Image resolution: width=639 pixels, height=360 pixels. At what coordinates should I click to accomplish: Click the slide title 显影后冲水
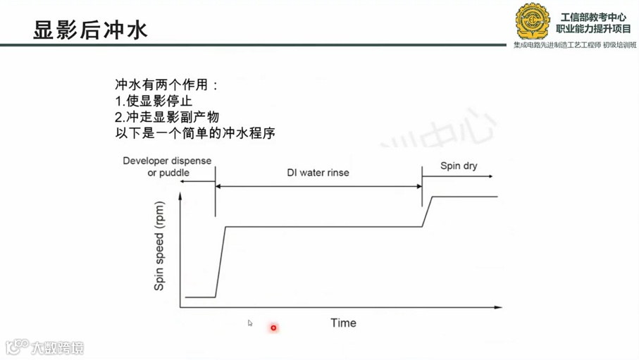tap(90, 30)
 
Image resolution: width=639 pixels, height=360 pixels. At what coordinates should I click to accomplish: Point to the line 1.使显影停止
tap(154, 101)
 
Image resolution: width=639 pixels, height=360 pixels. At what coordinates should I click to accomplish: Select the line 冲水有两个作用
tap(166, 85)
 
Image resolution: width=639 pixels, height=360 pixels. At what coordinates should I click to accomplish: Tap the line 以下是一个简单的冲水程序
tap(194, 132)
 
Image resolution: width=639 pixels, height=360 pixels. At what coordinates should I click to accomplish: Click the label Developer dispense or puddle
tap(167, 166)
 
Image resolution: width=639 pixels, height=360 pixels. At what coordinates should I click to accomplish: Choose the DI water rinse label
tap(318, 173)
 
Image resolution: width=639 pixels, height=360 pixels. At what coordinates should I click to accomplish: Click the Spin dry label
tap(459, 166)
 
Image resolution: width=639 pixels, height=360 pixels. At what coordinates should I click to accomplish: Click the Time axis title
tap(343, 323)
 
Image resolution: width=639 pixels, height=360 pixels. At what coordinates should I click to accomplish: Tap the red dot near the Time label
tap(273, 328)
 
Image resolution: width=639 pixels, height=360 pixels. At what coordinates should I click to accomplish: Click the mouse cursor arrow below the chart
tap(250, 323)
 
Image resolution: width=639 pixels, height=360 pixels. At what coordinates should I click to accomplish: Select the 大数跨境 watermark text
tap(56, 347)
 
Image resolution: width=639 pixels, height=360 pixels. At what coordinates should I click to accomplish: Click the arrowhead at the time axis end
tap(499, 307)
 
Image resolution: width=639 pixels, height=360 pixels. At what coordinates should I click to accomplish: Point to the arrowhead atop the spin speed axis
tap(182, 197)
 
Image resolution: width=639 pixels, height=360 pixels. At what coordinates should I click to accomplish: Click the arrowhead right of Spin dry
tap(491, 176)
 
